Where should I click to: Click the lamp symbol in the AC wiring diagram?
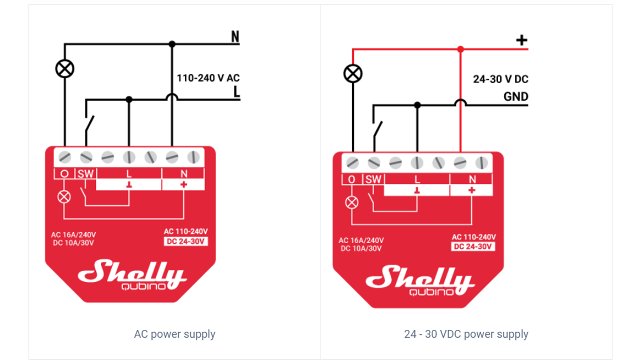coord(64,69)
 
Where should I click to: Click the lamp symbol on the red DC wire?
coord(353,74)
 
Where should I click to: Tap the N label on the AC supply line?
coord(235,37)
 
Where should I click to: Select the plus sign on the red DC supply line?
coord(521,40)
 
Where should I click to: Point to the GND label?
coord(516,97)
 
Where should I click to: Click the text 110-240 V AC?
coord(208,78)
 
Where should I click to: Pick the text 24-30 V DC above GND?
coord(500,79)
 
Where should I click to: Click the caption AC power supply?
coord(174,334)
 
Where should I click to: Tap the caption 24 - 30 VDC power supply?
coord(466,334)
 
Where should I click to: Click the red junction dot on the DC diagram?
coord(460,49)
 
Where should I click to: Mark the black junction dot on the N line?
coord(172,44)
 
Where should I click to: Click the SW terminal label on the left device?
coord(86,173)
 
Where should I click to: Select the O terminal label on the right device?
coord(351,179)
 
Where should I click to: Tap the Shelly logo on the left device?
coord(132,274)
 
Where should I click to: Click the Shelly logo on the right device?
coord(420,280)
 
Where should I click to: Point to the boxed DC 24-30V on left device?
coord(186,241)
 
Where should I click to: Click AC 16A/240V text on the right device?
coord(361,240)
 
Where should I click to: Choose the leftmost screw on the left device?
coord(64,157)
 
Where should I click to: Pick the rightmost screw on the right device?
coord(481,163)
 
